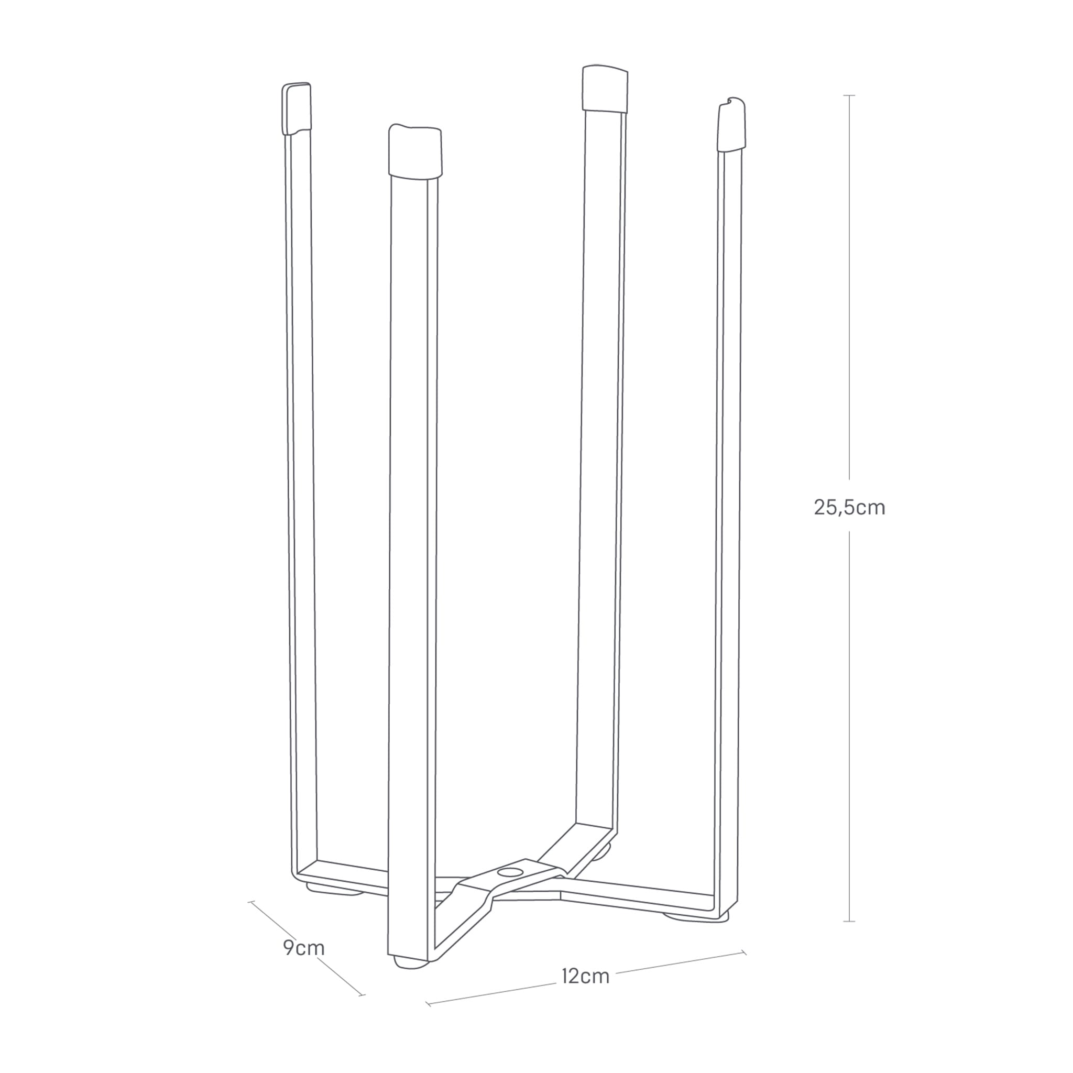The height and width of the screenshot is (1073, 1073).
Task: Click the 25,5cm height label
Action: click(849, 507)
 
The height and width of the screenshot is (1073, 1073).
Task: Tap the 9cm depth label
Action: click(303, 947)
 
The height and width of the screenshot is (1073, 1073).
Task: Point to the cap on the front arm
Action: click(415, 151)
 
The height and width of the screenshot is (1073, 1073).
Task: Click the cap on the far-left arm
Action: click(297, 108)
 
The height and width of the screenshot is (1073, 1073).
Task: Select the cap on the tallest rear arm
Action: click(605, 89)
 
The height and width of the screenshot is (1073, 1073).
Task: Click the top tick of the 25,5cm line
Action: click(849, 95)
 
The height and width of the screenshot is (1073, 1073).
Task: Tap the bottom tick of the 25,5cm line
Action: click(849, 922)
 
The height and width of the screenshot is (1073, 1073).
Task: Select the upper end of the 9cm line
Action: click(251, 902)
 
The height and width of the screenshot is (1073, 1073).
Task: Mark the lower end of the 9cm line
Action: click(363, 995)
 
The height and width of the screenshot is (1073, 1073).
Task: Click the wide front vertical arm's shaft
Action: click(409, 555)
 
